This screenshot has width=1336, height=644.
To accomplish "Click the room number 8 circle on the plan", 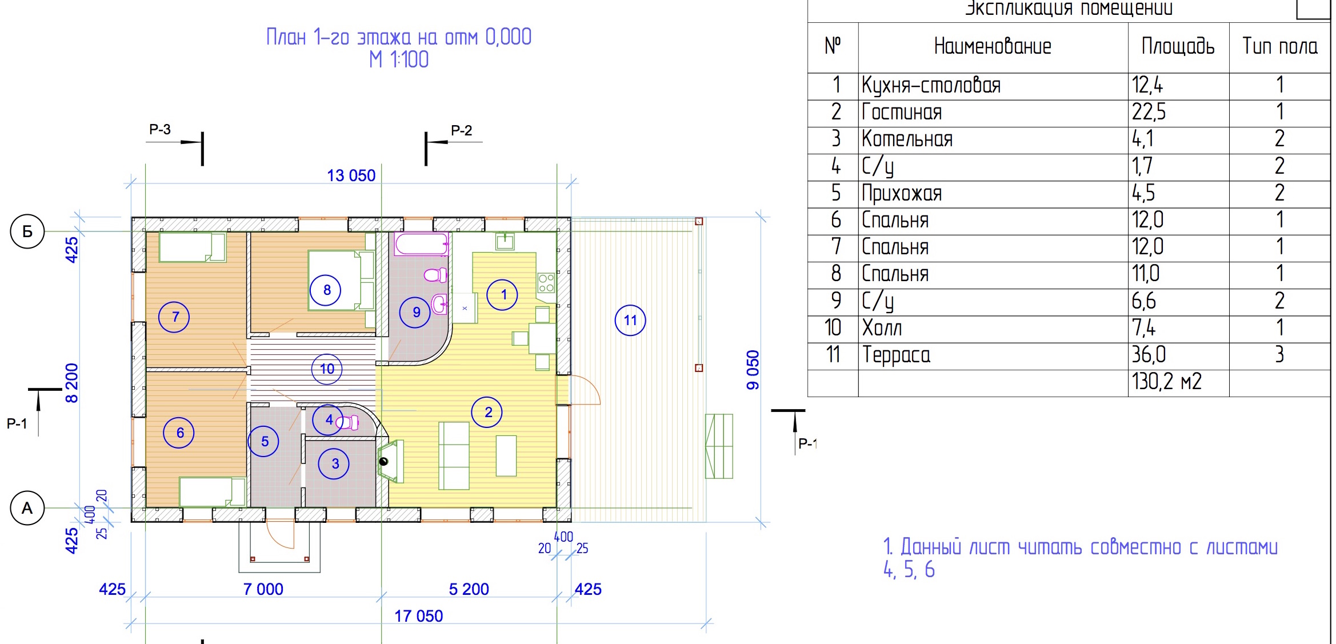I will (326, 290).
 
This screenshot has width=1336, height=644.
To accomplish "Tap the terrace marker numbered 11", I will (630, 320).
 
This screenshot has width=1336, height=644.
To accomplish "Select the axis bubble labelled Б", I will (27, 231).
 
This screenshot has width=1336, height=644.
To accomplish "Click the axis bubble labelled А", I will (27, 508).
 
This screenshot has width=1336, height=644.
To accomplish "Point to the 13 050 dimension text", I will (351, 175).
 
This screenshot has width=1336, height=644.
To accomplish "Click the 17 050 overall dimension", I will (418, 616).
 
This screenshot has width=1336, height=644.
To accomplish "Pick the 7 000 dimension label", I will (263, 589).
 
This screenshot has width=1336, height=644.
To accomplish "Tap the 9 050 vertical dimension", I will (753, 370).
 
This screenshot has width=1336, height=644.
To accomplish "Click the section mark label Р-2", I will (461, 131).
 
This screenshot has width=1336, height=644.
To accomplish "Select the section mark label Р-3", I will (160, 130).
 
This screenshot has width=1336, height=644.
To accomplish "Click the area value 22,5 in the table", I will (1149, 112).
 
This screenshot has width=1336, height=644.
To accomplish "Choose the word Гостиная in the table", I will (902, 112).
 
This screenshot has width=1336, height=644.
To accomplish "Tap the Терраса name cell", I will (896, 355).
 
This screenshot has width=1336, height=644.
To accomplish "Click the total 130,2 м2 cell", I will (1166, 382).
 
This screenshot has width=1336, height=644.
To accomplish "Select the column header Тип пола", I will (1280, 46).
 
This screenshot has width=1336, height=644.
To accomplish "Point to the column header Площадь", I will (1178, 46).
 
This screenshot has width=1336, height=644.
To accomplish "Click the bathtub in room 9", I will (421, 244).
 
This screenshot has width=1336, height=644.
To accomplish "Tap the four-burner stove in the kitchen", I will (546, 283).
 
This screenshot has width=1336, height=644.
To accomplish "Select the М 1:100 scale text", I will (399, 59).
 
